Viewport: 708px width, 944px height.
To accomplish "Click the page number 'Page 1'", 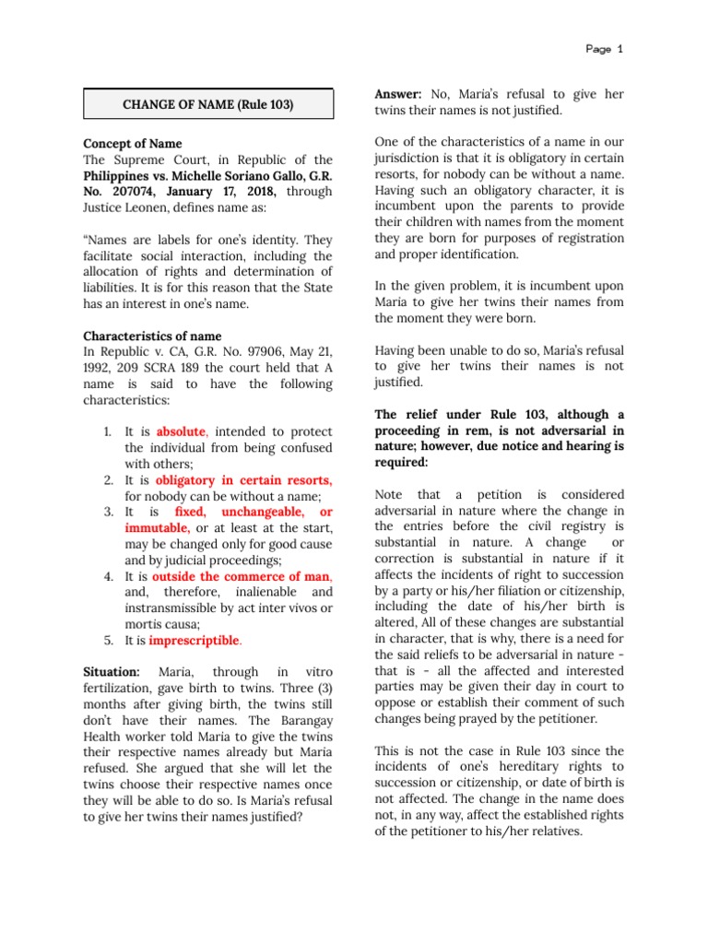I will (605, 49).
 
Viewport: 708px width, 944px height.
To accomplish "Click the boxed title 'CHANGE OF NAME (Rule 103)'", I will (207, 104).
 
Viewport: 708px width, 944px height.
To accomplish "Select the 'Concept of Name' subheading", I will (133, 144).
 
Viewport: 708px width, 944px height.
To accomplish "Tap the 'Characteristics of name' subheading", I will (152, 336).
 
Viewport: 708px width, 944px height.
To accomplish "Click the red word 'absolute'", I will (183, 431).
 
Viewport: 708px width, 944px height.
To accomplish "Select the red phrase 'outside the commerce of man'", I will (244, 576).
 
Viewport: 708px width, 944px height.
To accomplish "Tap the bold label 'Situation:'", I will (112, 672).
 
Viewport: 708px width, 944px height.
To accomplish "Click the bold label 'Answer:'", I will (398, 94).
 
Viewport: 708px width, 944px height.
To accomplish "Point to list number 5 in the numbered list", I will (107, 640).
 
